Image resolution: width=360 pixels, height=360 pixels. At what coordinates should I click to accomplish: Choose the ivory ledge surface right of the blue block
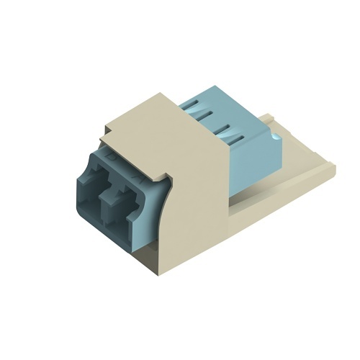pos(295,155)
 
